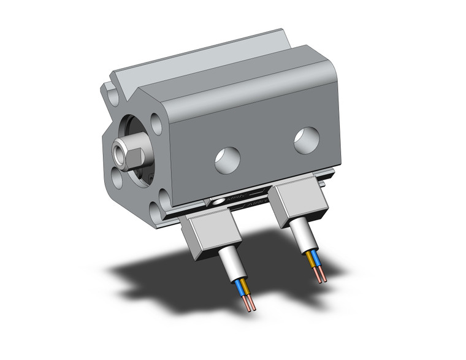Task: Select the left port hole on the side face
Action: (x=227, y=160)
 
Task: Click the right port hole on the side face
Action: (x=306, y=140)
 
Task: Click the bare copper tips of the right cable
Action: (x=321, y=275)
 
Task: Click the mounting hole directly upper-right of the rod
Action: (x=157, y=124)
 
